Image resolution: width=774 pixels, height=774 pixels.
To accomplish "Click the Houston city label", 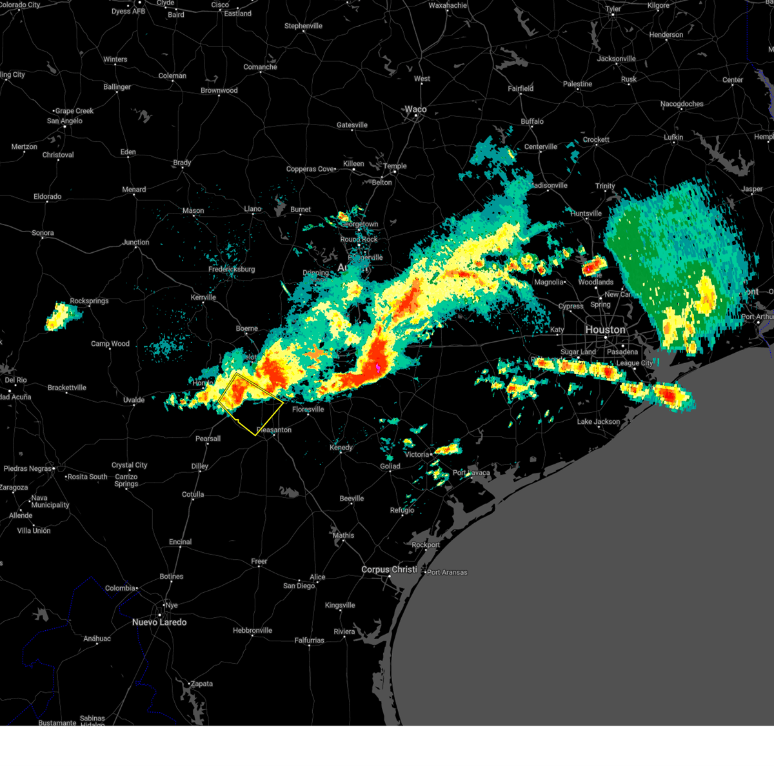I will point(605,330).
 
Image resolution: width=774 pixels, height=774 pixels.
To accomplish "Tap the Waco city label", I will point(415,109).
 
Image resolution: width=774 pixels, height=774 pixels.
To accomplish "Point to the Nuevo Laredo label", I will point(159,622).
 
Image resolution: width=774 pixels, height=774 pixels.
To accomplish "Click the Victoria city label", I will point(416,455).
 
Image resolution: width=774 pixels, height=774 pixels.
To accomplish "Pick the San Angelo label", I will point(64,121).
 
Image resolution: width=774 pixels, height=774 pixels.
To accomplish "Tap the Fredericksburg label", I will point(232,269).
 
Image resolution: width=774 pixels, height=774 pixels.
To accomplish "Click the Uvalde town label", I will point(134,400).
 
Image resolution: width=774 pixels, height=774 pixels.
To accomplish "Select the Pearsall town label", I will point(208,439).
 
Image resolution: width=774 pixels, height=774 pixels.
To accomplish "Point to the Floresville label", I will point(308,410).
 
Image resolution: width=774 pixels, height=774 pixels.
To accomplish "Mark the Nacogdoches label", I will point(682,104).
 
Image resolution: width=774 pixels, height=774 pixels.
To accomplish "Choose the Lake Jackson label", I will point(598,422).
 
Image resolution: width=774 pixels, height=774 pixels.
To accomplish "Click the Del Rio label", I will point(15,380).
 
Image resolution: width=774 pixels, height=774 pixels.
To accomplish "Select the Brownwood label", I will point(219,90).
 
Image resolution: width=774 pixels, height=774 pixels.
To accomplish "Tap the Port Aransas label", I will point(447,572).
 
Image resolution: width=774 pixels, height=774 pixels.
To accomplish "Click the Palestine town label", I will point(577,84).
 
